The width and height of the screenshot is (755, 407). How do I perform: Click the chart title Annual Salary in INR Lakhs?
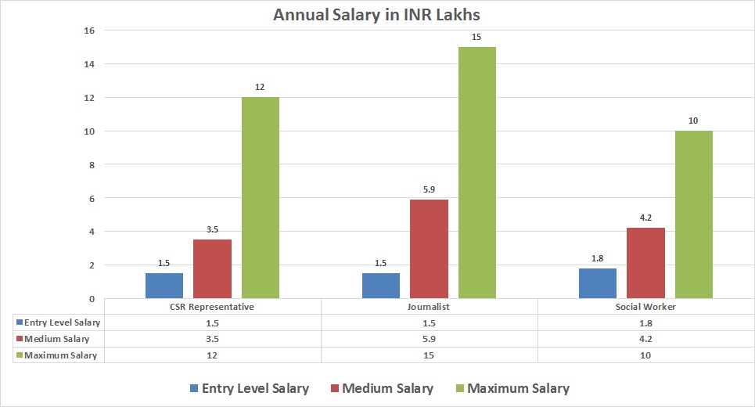tap(377, 15)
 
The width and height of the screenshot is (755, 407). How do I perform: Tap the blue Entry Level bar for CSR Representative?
tap(164, 286)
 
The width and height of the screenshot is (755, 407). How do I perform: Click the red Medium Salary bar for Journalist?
tap(430, 249)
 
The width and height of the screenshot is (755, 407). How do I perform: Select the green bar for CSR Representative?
tap(261, 197)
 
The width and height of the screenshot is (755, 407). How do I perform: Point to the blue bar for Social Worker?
tap(598, 283)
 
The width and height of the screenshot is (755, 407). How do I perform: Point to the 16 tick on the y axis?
tap(88, 31)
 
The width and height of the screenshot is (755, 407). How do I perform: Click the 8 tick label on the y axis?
tap(91, 164)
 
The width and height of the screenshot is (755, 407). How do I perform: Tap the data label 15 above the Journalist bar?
tap(476, 37)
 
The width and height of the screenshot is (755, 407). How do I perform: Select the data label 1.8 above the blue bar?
tap(598, 259)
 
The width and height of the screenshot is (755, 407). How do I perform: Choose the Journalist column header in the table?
tap(429, 307)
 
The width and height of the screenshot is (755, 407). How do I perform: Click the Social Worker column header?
tap(645, 307)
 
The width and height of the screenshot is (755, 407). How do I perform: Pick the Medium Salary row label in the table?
tap(57, 339)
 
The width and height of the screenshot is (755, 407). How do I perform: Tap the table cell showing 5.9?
tap(429, 339)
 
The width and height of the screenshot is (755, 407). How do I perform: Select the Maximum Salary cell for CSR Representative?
tap(212, 355)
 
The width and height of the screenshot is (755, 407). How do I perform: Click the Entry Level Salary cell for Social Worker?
tap(645, 322)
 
